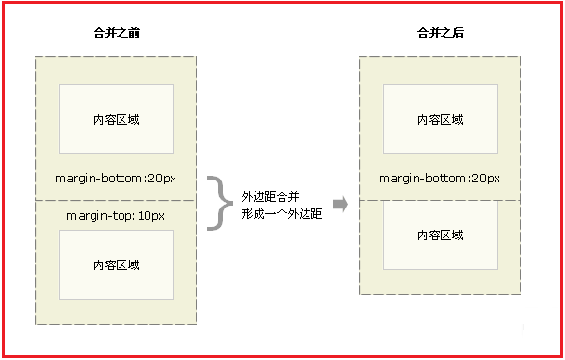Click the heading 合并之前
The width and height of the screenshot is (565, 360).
(116, 34)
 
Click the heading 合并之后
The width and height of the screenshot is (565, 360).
(440, 34)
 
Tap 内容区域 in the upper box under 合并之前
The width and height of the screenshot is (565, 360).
(116, 120)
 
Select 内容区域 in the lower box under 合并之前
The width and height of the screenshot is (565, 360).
(116, 264)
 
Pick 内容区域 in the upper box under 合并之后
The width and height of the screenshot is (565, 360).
(440, 120)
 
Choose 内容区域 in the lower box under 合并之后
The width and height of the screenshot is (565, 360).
(440, 235)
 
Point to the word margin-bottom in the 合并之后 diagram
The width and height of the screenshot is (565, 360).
(421, 179)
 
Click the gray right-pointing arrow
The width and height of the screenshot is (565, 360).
(339, 204)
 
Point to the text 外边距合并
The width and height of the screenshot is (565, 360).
(269, 196)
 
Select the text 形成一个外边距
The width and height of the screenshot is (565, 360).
(281, 214)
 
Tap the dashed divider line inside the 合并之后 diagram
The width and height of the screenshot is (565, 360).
(440, 199)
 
